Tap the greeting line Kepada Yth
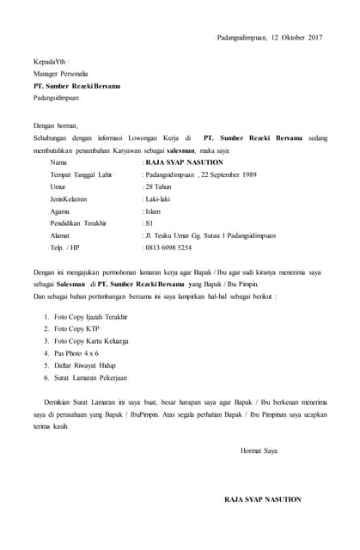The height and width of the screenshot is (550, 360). pos(51,63)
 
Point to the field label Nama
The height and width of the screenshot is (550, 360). pos(58,162)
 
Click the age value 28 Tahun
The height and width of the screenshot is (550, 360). pos(159,186)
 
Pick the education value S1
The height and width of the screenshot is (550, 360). pos(148,223)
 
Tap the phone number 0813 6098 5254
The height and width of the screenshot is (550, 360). pos(169,247)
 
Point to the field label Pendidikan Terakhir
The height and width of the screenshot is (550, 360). pos(78,223)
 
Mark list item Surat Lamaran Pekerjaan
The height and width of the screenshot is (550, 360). pos(90,377)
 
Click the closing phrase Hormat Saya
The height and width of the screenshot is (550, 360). pos(259,449)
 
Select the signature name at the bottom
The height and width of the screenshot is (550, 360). pos(263,498)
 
